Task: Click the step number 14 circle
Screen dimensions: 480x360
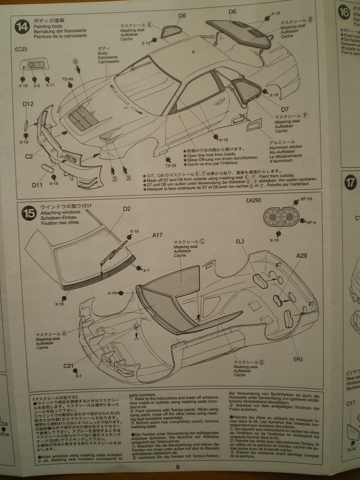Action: [x=21, y=27]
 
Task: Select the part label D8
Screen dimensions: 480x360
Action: [x=181, y=16]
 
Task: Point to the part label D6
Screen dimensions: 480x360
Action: [x=232, y=11]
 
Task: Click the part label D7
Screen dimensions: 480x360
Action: [x=285, y=109]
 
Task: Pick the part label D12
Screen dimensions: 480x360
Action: [x=28, y=104]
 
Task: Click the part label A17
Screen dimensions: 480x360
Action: [x=157, y=235]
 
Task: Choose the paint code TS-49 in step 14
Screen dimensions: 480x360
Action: [x=67, y=79]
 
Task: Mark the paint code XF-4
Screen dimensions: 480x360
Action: [x=312, y=222]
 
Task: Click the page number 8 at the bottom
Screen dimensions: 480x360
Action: [x=178, y=467]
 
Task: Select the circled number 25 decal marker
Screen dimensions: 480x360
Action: [x=114, y=179]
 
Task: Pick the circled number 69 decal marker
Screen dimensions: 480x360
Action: [x=76, y=61]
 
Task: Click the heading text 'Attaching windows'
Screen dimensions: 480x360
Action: [x=60, y=212]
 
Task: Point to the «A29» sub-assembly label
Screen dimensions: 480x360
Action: [x=256, y=199]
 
